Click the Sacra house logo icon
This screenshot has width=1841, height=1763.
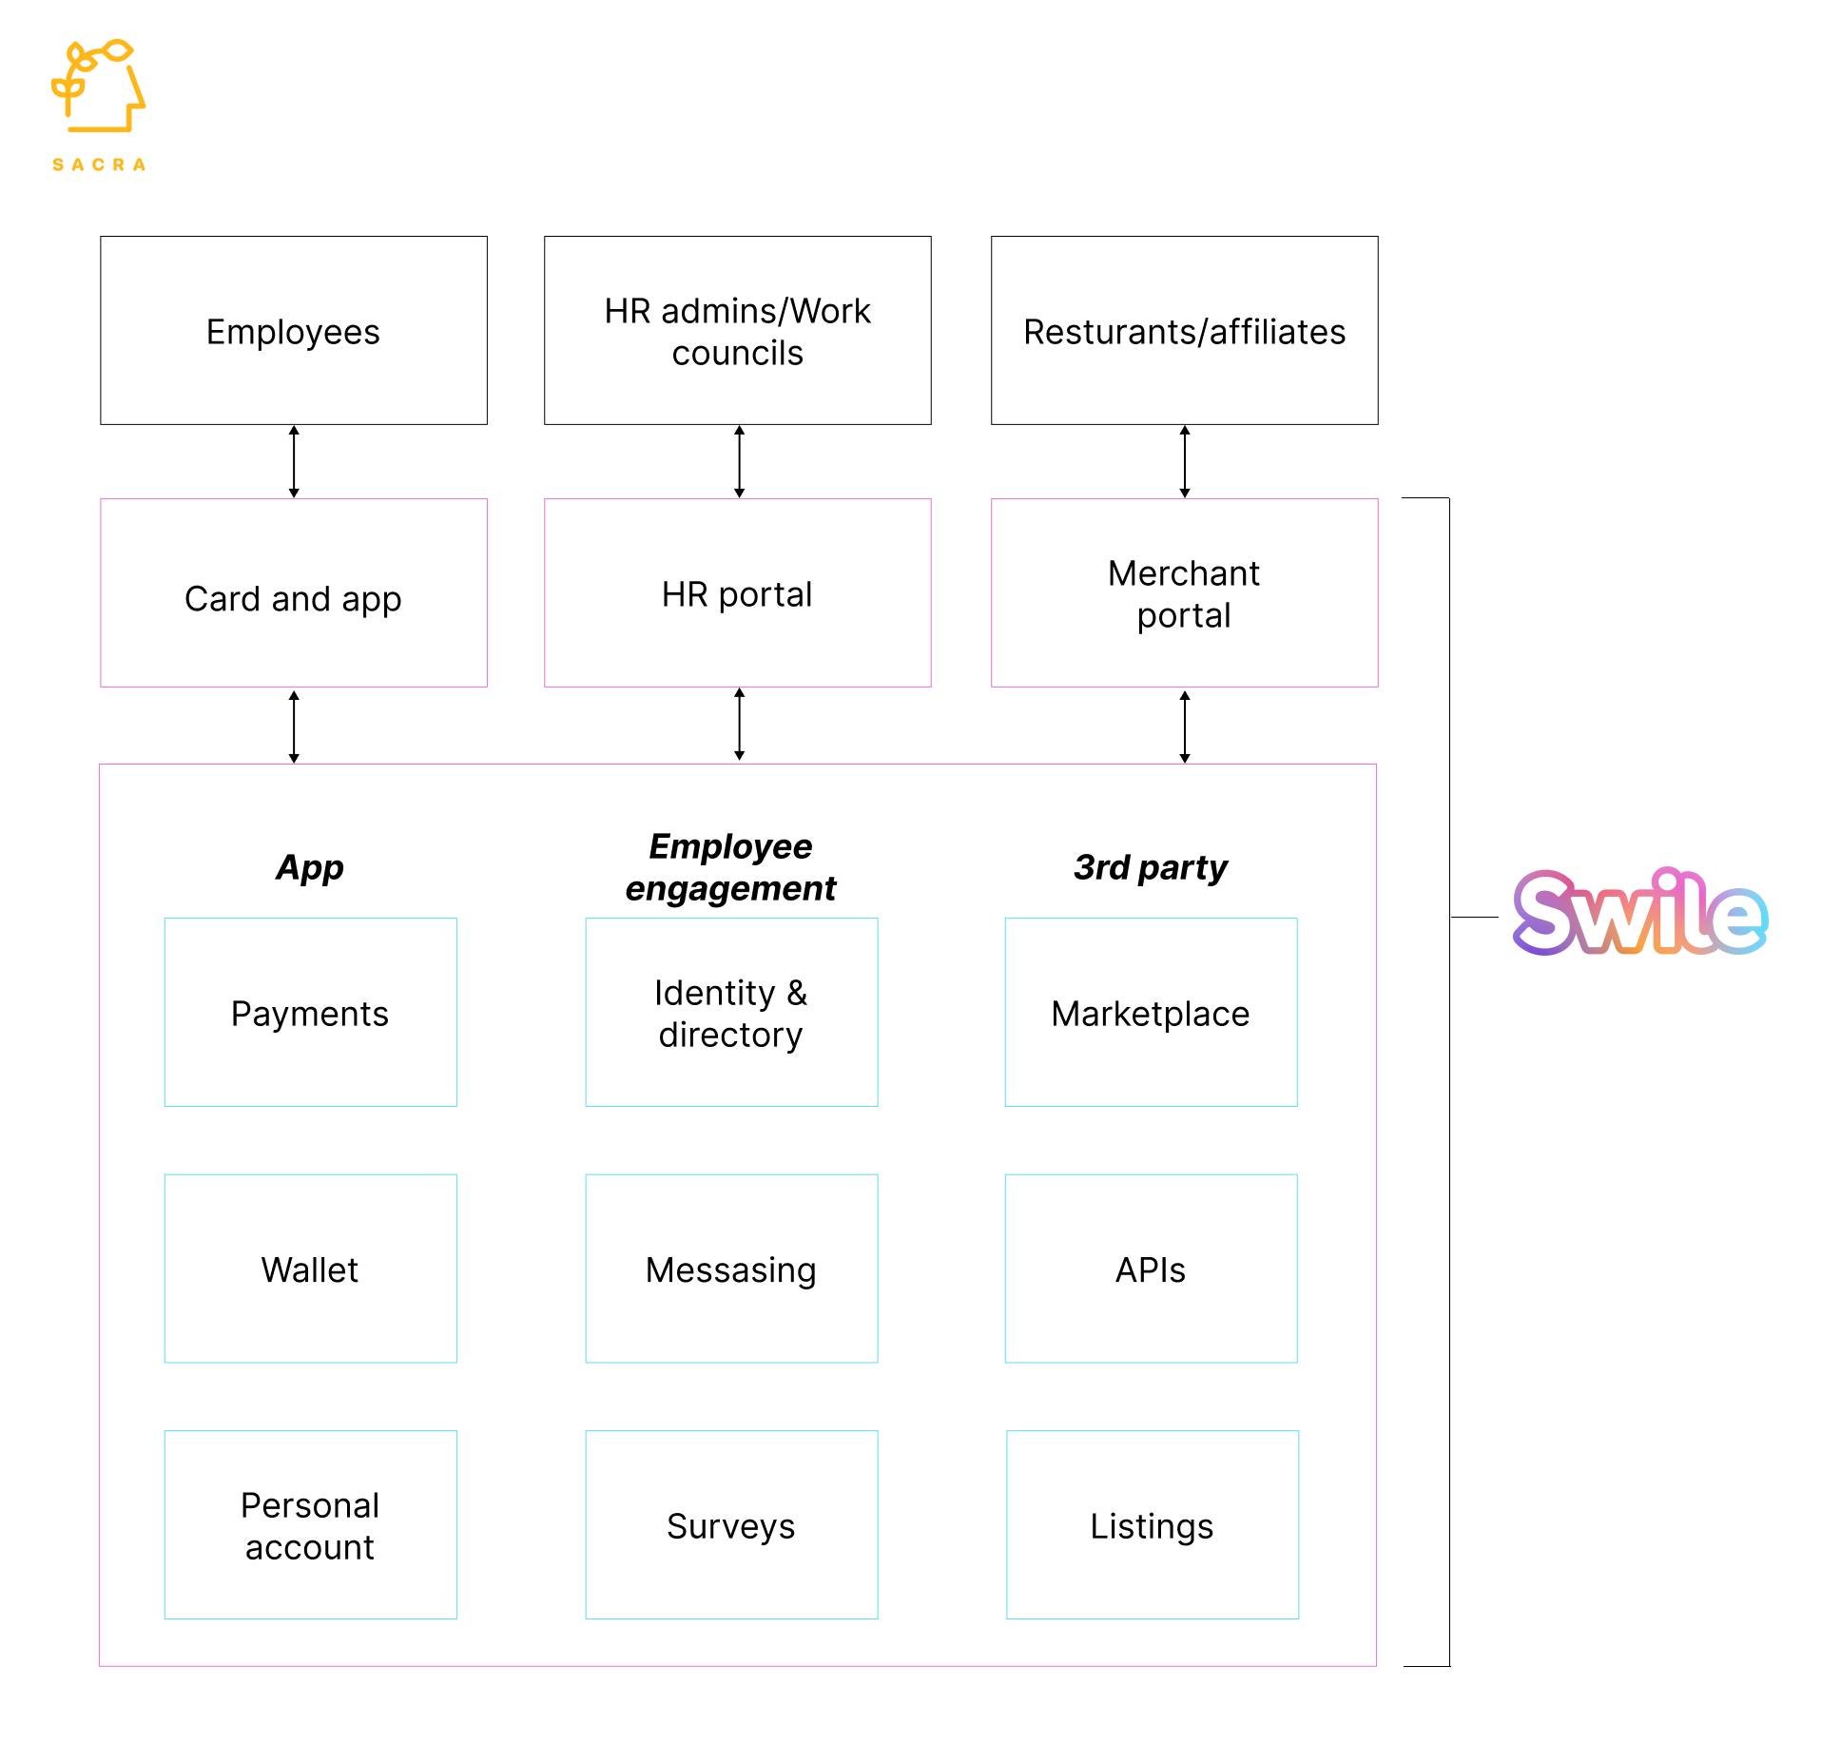pyautogui.click(x=99, y=87)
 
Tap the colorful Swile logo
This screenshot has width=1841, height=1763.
pyautogui.click(x=1639, y=913)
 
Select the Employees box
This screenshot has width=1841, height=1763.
pyautogui.click(x=293, y=330)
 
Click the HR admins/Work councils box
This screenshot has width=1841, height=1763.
pyautogui.click(x=737, y=330)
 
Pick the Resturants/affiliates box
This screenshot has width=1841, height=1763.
pyautogui.click(x=1184, y=330)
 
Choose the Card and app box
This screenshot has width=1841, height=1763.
pyautogui.click(x=293, y=592)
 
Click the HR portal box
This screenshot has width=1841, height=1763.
pyautogui.click(x=737, y=592)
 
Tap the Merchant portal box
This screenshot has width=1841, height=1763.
pyautogui.click(x=1184, y=592)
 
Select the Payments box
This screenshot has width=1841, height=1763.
pyautogui.click(x=310, y=1012)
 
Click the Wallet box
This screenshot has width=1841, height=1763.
pyautogui.click(x=310, y=1269)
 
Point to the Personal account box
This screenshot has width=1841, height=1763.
pyautogui.click(x=310, y=1524)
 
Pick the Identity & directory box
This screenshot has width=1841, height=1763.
pyautogui.click(x=731, y=1012)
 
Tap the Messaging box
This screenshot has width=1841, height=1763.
pyautogui.click(x=731, y=1269)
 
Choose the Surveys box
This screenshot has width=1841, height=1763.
pyautogui.click(x=731, y=1524)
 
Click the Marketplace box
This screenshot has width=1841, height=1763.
pyautogui.click(x=1151, y=1012)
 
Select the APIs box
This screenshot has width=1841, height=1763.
pyautogui.click(x=1151, y=1269)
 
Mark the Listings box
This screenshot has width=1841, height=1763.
pyautogui.click(x=1152, y=1524)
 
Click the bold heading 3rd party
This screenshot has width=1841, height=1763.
pyautogui.click(x=1150, y=867)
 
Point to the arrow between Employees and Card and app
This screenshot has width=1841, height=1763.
pyautogui.click(x=294, y=461)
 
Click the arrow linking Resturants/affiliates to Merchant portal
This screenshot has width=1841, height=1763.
pyautogui.click(x=1185, y=461)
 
